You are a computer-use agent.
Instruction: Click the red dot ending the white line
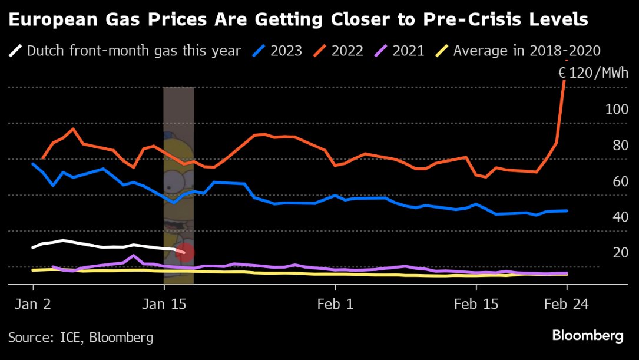[185, 252]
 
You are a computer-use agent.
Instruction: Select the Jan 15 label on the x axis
[163, 304]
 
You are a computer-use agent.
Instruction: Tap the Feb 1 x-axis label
[335, 304]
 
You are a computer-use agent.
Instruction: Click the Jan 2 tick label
[33, 304]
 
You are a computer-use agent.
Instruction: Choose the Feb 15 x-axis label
[476, 304]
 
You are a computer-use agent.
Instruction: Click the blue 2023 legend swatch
[258, 51]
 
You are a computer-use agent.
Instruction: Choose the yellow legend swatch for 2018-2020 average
[441, 51]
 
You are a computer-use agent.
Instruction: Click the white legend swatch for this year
[16, 51]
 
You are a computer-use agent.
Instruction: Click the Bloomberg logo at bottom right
[587, 336]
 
